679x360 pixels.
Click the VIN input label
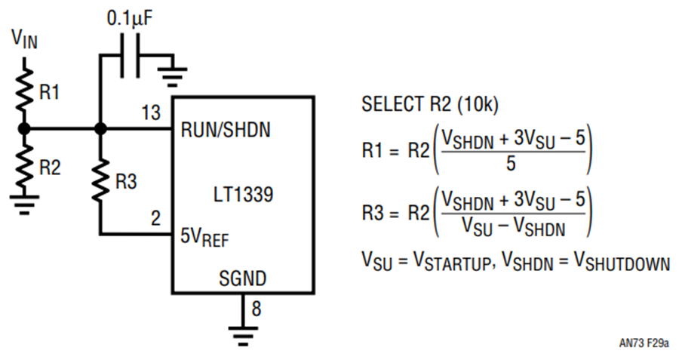tap(25, 38)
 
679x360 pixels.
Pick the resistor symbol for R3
tap(100, 180)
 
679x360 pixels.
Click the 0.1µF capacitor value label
tap(130, 19)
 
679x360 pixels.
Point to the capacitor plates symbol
tap(130, 56)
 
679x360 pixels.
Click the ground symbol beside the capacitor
tap(173, 74)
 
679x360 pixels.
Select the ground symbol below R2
tap(25, 205)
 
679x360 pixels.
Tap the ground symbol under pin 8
tap(243, 336)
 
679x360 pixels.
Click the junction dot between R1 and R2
tap(25, 128)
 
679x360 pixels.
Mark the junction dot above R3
tap(100, 128)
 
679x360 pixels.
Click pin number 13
tap(151, 113)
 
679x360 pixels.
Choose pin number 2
tap(155, 218)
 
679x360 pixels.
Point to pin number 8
tap(257, 309)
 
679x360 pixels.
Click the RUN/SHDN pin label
tap(226, 130)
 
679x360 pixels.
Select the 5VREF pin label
tap(204, 237)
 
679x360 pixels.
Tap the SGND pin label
tap(242, 278)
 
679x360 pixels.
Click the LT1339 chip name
tap(244, 195)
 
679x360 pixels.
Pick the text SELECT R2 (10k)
tap(430, 104)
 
